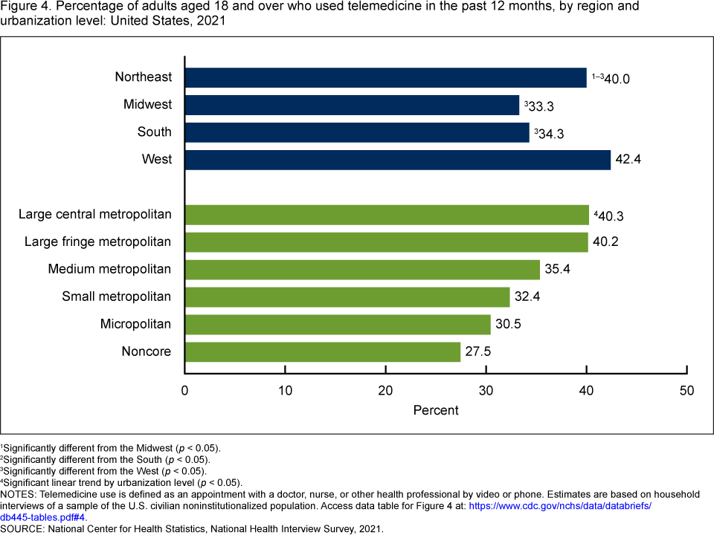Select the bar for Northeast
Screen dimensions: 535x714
tap(385, 77)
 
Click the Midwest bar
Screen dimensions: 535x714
tap(352, 105)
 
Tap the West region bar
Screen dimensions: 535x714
tap(397, 160)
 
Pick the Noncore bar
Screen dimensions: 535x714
tap(322, 351)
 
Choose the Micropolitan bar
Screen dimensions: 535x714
tap(338, 325)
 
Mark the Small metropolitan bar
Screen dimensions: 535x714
tap(347, 297)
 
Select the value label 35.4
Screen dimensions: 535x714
tap(557, 270)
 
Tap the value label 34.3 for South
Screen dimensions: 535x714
tap(550, 133)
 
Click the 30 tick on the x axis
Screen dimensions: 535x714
tap(486, 390)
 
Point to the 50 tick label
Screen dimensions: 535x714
tap(687, 390)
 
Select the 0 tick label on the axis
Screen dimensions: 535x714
tap(185, 390)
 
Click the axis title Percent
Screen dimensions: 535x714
tap(436, 410)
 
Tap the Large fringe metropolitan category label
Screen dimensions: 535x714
tap(98, 241)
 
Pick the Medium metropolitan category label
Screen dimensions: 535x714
tap(109, 269)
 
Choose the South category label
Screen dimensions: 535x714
tap(155, 132)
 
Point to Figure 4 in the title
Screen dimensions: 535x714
tap(22, 7)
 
